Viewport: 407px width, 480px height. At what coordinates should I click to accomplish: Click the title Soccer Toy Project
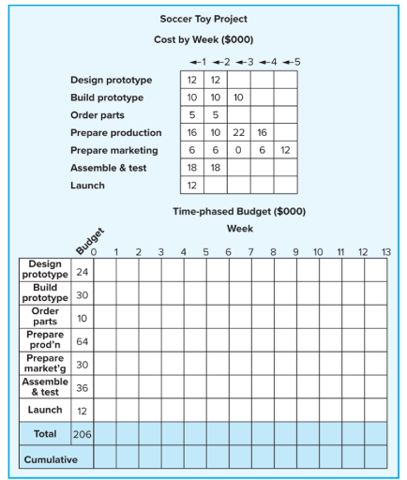coord(203,19)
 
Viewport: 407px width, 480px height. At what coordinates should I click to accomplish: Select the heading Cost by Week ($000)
coord(203,40)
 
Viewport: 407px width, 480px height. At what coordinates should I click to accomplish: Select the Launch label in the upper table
coord(89,186)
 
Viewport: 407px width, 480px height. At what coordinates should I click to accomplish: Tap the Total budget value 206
coord(81,434)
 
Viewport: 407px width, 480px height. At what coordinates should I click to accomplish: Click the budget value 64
coord(81,340)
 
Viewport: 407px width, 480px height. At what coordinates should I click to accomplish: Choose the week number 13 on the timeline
coord(386,252)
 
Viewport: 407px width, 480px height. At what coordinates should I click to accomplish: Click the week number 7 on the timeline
coord(250,252)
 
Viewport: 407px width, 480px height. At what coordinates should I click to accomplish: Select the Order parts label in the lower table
coord(44,316)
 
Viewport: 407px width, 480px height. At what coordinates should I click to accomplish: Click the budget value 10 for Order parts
coord(81,317)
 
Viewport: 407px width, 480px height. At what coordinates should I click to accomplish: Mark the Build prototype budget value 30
coord(81,292)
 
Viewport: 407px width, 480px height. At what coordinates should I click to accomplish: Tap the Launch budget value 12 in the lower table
coord(81,411)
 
